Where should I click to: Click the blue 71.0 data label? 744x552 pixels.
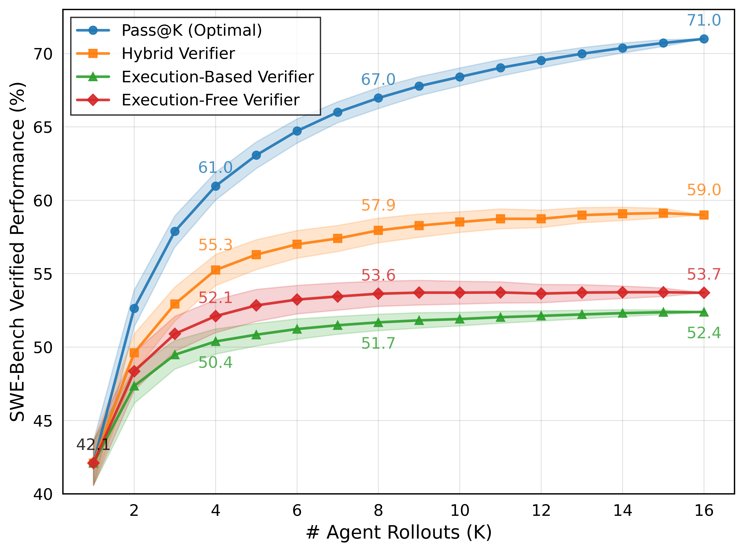point(704,20)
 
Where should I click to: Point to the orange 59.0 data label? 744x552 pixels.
point(704,190)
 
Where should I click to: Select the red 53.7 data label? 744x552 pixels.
point(704,274)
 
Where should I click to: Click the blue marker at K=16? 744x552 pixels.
point(704,39)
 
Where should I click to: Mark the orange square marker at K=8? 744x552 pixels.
point(378,230)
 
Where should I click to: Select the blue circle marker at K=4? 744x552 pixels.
point(216,186)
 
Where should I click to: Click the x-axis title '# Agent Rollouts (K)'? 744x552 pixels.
point(399,533)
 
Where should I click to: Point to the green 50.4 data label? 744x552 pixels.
point(215,363)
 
